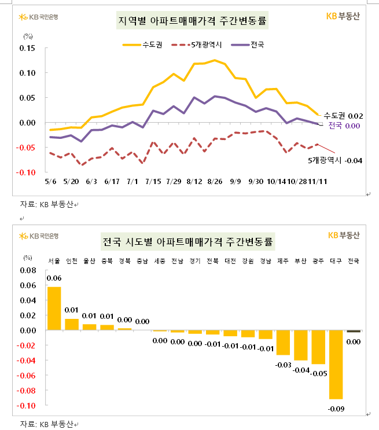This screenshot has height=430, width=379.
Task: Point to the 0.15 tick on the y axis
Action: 27,48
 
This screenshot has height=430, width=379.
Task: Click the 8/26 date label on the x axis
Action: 215,181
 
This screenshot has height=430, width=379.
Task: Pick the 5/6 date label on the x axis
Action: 51,181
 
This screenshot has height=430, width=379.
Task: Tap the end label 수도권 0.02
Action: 343,116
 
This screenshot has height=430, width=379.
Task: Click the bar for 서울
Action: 54,308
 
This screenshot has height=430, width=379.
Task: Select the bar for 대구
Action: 336,365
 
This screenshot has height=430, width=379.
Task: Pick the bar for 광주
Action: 318,347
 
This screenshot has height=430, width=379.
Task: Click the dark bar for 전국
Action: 353,331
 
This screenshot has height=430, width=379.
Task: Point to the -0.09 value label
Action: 336,409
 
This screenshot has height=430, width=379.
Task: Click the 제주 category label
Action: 283,261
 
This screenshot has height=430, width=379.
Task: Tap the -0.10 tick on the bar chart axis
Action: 27,406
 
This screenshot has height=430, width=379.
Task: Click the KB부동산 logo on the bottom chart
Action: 344,235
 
